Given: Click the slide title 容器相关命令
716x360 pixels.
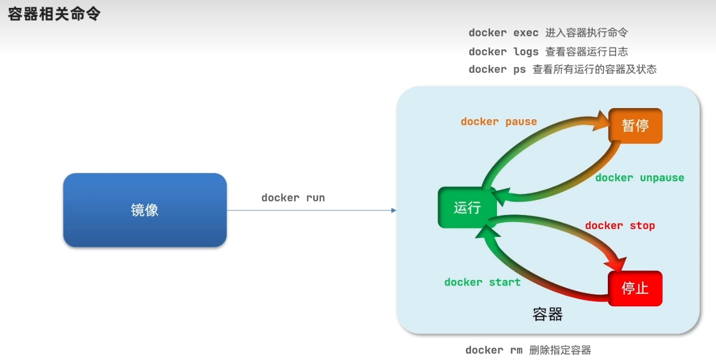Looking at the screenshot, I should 54,13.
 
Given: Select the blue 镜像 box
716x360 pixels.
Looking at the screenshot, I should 145,210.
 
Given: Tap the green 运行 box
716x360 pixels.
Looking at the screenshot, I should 467,208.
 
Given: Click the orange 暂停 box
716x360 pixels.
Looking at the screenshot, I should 635,125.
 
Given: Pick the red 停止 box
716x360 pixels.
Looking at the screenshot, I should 635,288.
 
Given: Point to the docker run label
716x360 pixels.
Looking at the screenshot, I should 293,198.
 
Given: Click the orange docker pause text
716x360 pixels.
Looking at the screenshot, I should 499,121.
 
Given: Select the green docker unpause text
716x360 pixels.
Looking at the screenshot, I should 639,177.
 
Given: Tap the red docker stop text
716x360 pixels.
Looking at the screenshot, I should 620,226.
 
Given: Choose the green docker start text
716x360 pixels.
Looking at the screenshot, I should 482,282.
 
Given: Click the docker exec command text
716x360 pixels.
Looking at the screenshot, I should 504,33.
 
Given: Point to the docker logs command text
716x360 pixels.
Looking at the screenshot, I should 504,52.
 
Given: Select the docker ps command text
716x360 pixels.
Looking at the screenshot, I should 498,69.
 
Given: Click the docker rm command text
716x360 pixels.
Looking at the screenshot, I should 494,350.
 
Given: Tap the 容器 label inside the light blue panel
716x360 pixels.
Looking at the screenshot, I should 547,314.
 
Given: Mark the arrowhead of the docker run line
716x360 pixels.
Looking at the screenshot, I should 393,211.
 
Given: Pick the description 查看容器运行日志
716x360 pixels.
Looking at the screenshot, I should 587,52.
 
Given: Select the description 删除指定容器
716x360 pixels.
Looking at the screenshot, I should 560,350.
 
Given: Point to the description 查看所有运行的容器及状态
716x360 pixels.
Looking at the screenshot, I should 594,69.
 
